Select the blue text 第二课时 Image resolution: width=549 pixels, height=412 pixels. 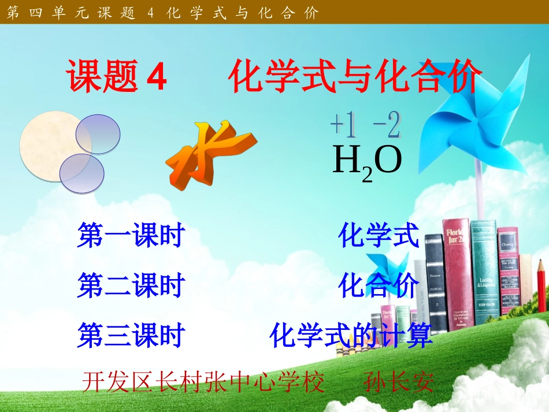pos(131,286)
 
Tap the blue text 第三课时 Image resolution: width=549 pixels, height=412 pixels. pos(131,336)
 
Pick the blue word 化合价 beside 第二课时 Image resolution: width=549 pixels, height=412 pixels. pos(379,286)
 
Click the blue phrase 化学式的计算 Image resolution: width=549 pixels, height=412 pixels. pos(351,336)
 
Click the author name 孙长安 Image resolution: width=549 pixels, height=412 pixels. pos(399,381)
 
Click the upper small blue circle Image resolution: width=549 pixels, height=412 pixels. pos(98,134)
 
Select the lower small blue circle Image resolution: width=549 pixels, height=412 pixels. pos(82,173)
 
